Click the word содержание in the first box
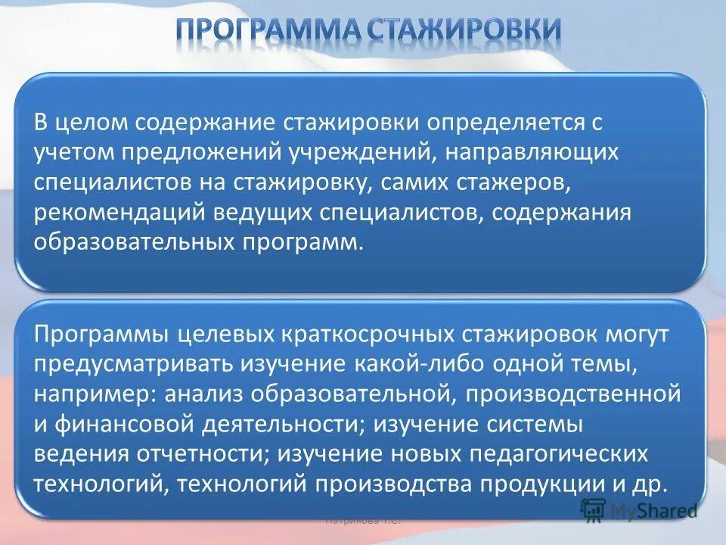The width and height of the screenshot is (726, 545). (x=204, y=122)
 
